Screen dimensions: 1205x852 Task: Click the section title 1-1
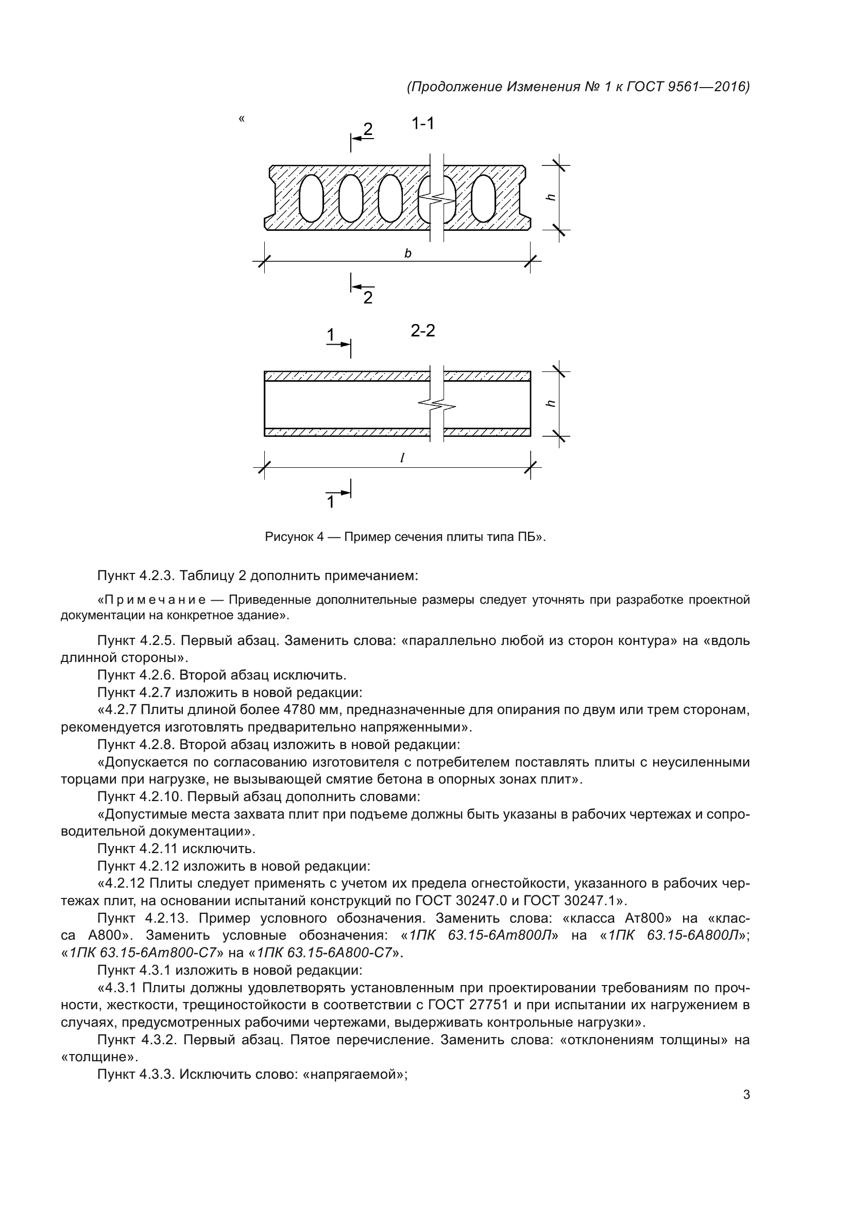[x=423, y=124]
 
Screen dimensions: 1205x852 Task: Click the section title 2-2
[x=423, y=331]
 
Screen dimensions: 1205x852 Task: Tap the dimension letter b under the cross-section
[x=407, y=253]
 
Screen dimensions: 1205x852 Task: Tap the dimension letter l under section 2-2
[x=402, y=458]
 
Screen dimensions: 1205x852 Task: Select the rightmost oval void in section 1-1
[x=483, y=198]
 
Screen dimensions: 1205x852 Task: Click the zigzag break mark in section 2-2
[x=436, y=404]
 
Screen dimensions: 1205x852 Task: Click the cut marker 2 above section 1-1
[x=368, y=129]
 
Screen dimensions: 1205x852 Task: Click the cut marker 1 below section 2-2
[x=331, y=502]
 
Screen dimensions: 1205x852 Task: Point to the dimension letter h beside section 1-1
[x=550, y=197]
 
